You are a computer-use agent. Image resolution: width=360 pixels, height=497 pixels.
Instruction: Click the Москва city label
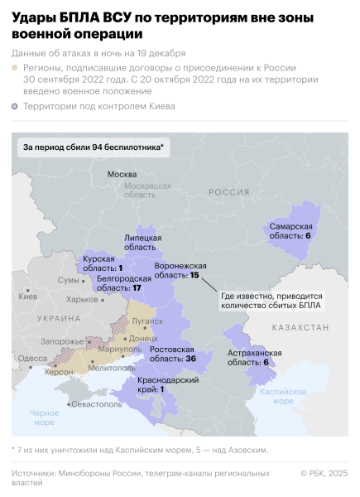pos(122,174)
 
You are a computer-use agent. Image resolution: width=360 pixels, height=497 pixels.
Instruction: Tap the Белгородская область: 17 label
pos(118,284)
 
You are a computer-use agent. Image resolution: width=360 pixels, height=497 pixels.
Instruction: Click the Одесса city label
pos(32,358)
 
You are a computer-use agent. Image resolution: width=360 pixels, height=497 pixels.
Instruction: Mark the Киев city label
pos(27,296)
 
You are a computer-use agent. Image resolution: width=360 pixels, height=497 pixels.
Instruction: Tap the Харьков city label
pos(82,299)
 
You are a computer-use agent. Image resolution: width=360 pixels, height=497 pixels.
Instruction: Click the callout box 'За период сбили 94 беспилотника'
pos(92,147)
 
